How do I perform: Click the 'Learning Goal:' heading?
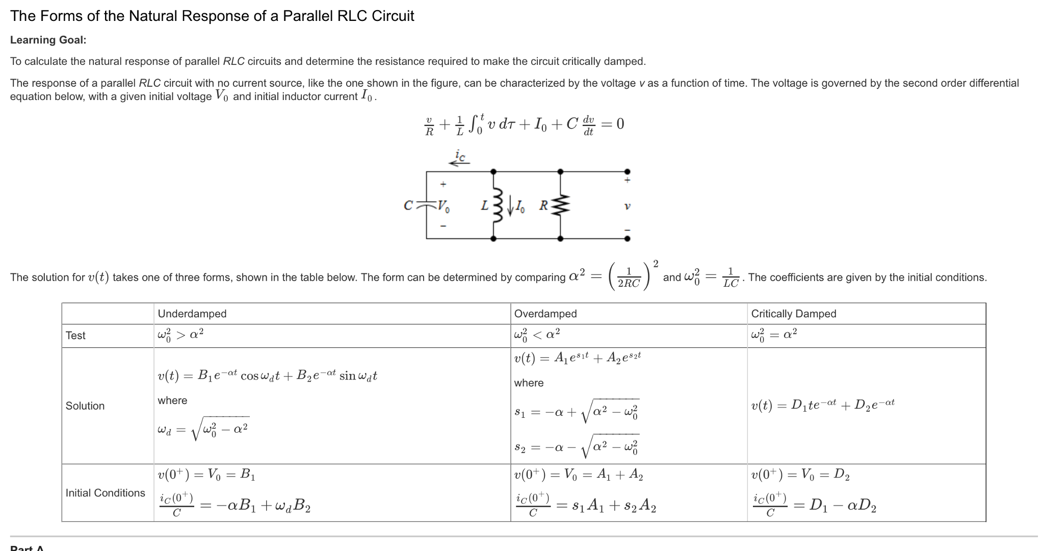point(48,40)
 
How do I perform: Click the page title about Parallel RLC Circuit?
point(212,16)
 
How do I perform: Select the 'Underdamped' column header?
point(192,314)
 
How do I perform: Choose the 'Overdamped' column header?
point(545,314)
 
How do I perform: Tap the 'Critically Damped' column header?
point(793,314)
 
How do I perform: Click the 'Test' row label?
point(75,336)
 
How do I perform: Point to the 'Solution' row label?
point(85,406)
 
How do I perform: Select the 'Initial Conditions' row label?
point(105,493)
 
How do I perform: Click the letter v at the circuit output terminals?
point(627,207)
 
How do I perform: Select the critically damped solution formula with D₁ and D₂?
point(822,405)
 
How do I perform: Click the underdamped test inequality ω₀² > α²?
point(180,335)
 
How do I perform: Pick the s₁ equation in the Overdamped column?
point(576,411)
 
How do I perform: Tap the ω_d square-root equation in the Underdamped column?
point(203,429)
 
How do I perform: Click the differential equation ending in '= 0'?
point(525,124)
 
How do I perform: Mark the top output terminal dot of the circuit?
point(627,172)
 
